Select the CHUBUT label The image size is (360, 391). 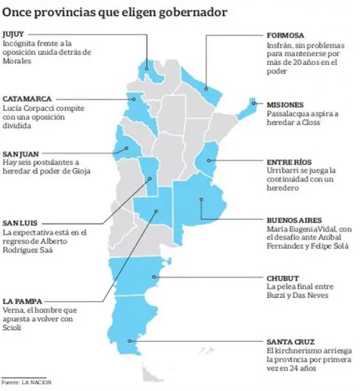pyautogui.click(x=283, y=278)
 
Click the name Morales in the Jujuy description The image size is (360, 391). pyautogui.click(x=20, y=62)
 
